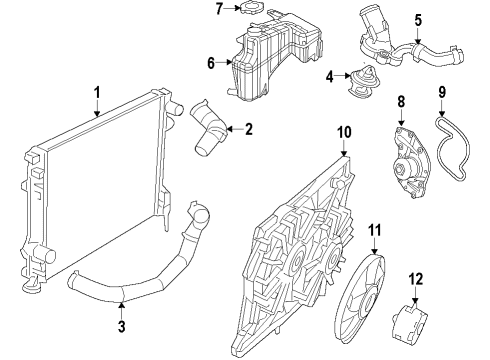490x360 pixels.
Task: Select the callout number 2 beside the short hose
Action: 249,129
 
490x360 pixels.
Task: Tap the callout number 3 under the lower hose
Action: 120,326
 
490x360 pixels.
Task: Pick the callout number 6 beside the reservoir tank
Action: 211,62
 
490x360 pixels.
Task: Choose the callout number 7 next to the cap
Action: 219,9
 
